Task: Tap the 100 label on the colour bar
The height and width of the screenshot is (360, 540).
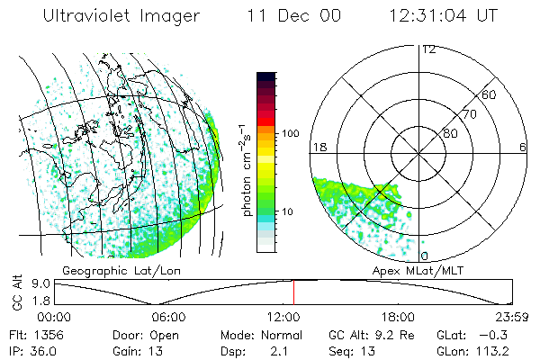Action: pos(289,133)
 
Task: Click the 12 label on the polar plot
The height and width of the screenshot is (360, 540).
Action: pos(428,49)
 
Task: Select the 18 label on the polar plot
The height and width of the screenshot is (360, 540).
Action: pos(318,147)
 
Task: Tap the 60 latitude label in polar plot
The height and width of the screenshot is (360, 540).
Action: pos(490,94)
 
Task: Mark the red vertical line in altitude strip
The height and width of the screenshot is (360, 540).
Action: pos(293,292)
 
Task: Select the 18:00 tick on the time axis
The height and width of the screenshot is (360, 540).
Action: pos(398,317)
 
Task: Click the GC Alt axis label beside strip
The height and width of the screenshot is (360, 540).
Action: pos(15,292)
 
